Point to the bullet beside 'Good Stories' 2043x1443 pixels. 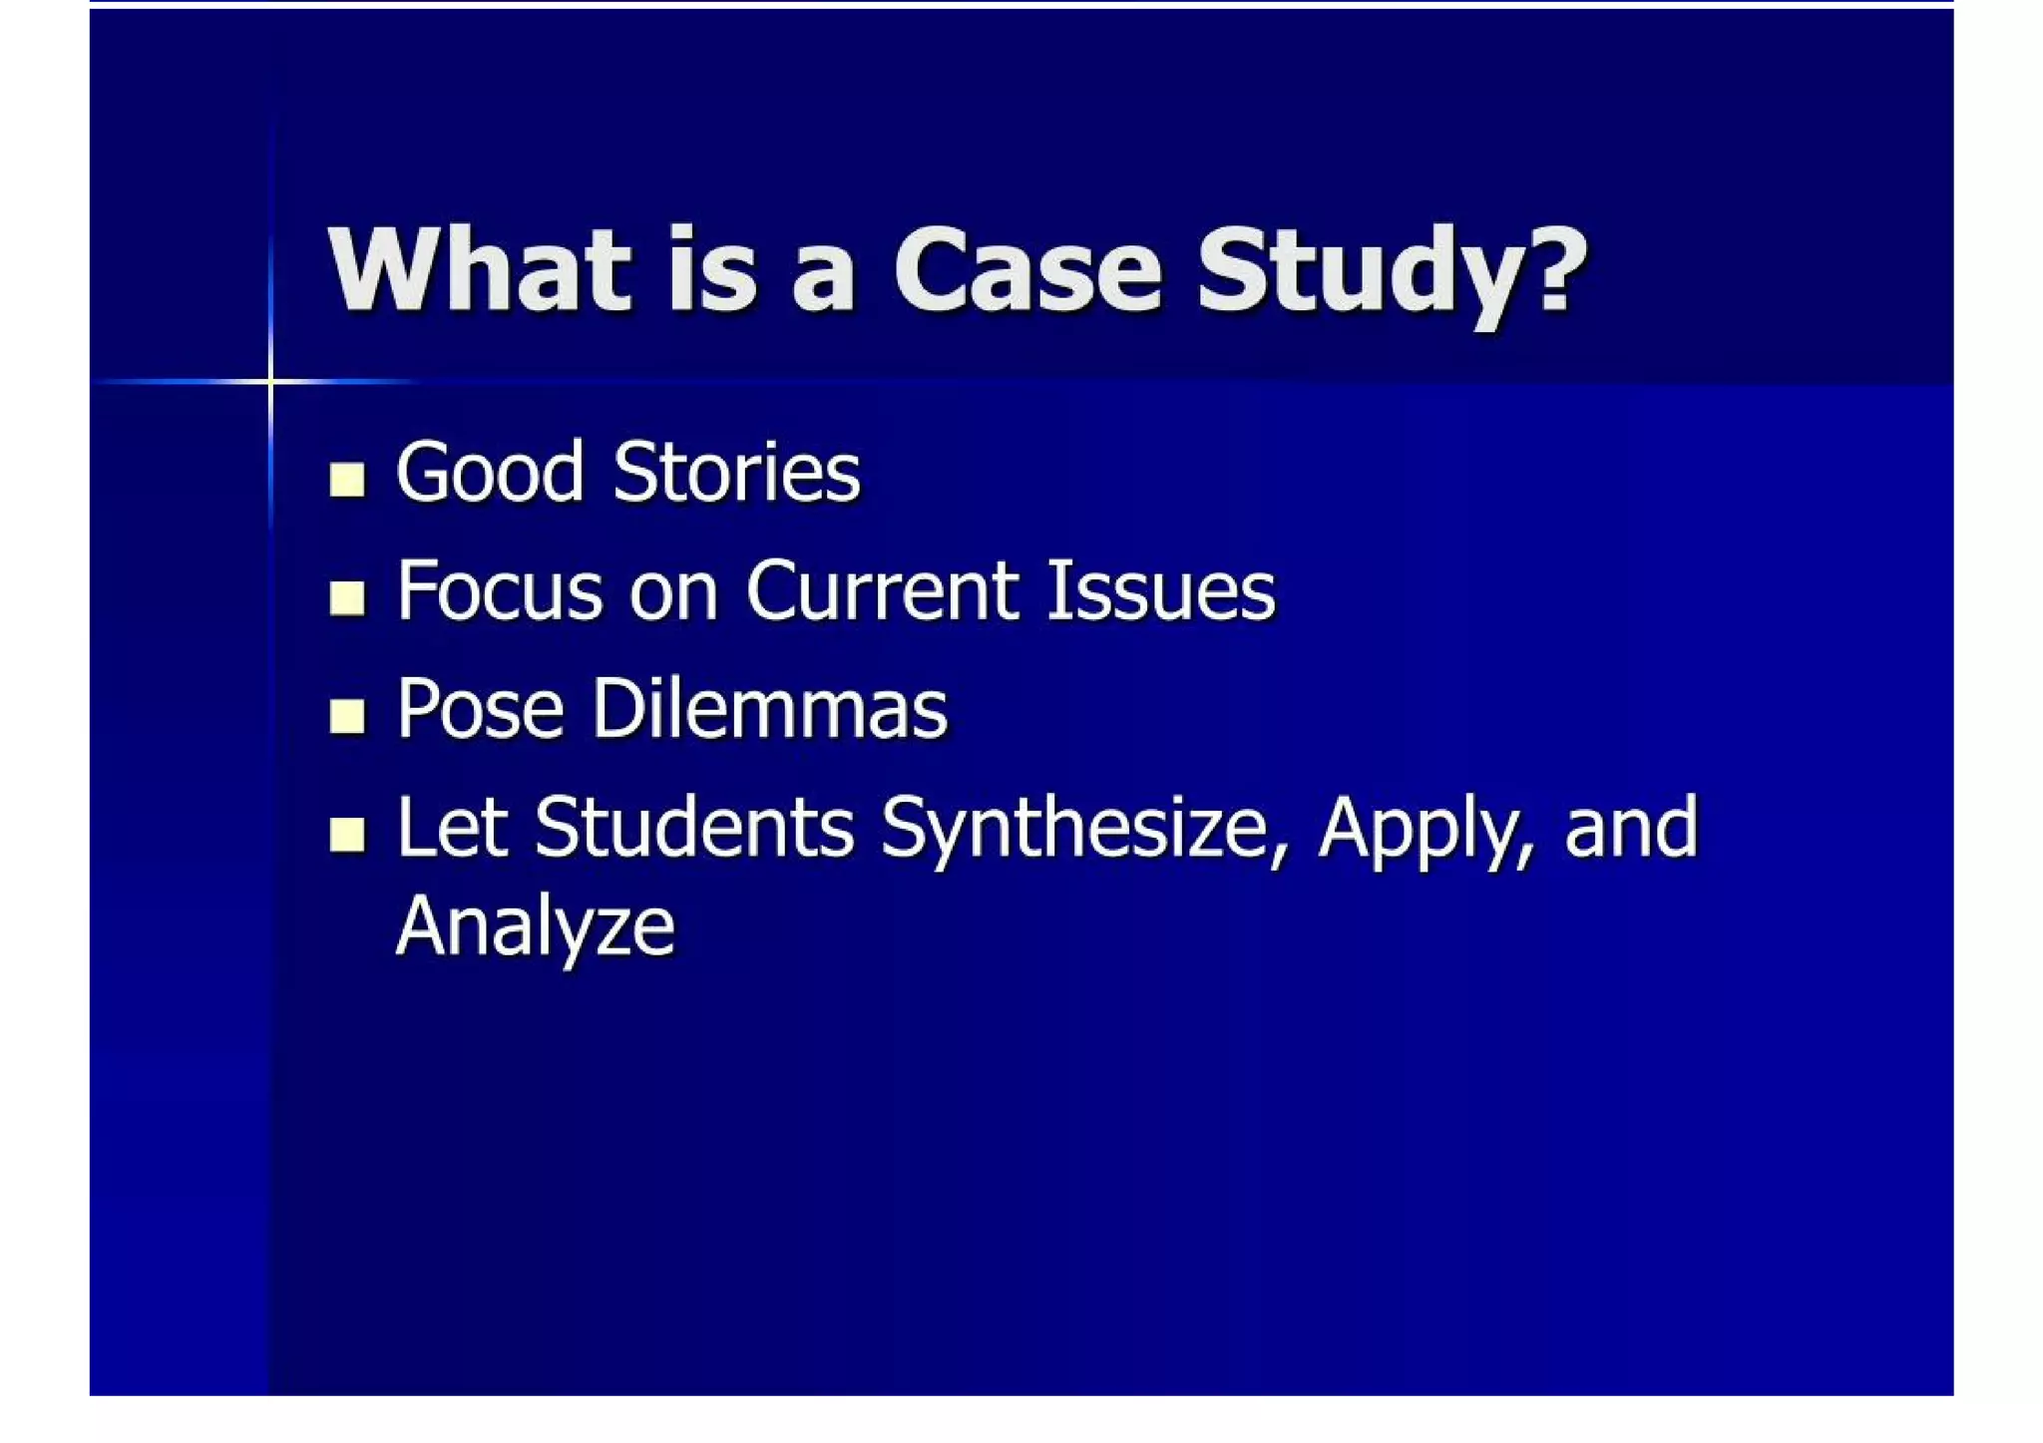pos(346,480)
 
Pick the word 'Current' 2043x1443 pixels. pos(883,590)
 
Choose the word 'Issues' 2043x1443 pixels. pos(1160,590)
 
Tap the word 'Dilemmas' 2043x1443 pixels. pos(769,709)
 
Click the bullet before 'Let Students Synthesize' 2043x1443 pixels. pos(346,834)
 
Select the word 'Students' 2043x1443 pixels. pos(694,828)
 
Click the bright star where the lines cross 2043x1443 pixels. pos(270,381)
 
